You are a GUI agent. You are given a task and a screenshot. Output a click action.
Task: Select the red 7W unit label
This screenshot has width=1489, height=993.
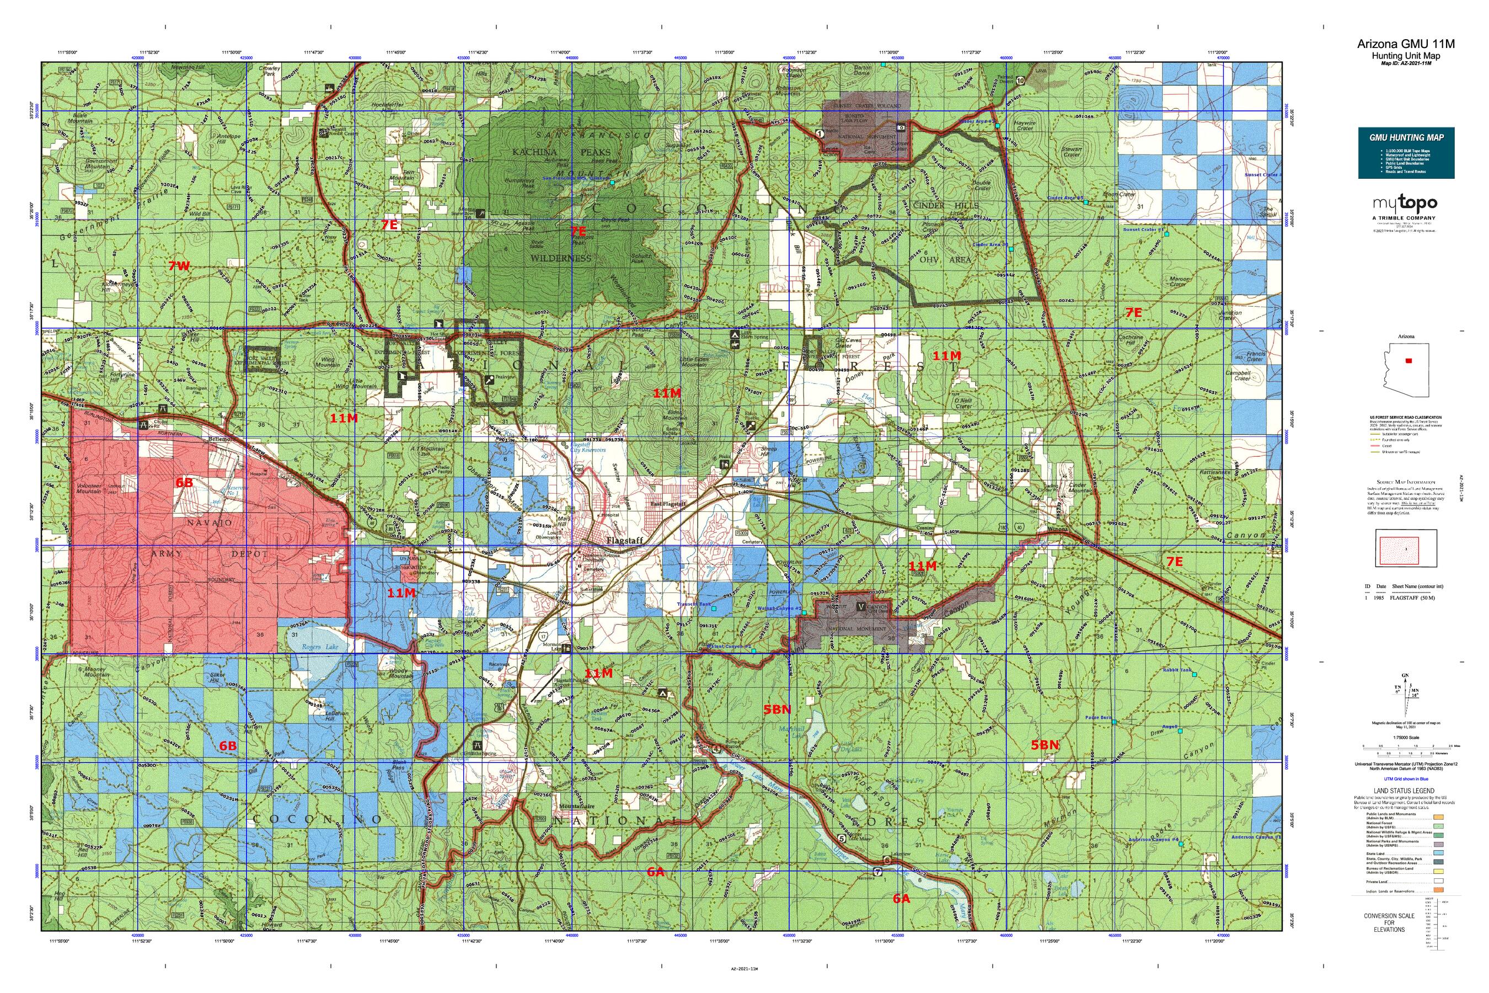(x=179, y=266)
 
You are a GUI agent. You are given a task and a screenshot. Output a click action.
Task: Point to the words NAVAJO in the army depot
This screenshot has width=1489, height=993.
(x=210, y=523)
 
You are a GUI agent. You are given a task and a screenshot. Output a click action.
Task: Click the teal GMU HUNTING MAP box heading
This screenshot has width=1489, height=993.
(x=1405, y=137)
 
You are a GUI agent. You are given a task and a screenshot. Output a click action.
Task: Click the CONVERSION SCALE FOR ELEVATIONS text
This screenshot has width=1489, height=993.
(x=1388, y=923)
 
